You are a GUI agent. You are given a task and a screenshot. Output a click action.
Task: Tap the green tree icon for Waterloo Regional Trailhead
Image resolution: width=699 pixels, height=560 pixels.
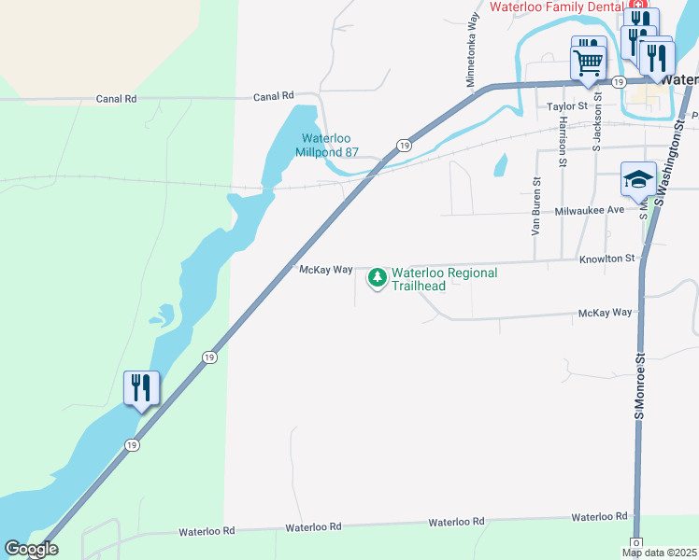378,277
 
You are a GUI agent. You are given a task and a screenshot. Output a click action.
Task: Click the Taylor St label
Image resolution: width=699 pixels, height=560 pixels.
566,107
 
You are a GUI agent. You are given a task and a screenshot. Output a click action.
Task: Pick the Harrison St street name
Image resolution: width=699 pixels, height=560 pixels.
563,141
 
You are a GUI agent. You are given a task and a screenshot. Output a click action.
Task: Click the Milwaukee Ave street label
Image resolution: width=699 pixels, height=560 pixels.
589,210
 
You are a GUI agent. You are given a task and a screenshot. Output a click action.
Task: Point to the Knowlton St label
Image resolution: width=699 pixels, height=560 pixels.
606,259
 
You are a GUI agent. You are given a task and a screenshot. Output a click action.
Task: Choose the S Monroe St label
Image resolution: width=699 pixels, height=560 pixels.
641,385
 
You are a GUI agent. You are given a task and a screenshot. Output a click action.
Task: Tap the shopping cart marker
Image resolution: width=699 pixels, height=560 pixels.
589,63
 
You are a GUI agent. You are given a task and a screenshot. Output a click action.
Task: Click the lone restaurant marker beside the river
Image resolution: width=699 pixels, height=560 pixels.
141,387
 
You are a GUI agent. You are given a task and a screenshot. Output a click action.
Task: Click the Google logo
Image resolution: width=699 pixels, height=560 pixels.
30,550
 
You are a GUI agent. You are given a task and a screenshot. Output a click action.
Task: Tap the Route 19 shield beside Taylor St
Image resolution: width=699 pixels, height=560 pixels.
618,83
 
